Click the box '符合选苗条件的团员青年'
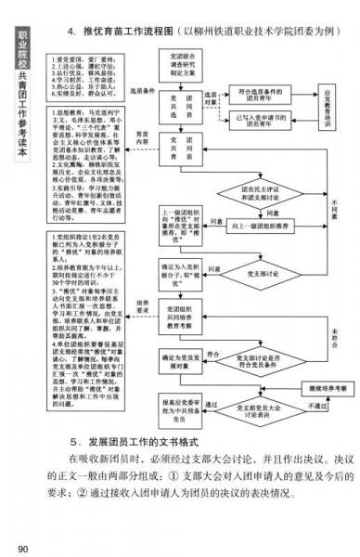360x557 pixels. point(259,94)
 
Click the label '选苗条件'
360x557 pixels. point(140,91)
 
